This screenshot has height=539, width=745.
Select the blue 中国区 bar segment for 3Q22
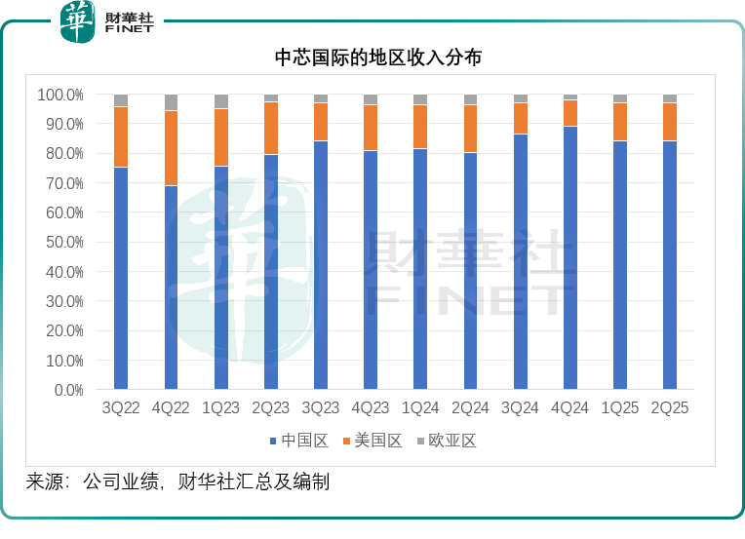121,278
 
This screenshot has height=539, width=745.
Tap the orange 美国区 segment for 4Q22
171,148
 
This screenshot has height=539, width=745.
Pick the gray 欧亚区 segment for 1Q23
221,101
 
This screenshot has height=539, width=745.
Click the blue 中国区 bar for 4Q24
570,257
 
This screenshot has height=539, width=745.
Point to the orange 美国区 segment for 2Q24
470,129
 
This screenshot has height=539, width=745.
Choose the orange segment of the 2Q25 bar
670,122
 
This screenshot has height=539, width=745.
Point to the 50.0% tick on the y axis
60,242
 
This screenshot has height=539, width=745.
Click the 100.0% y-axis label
60,95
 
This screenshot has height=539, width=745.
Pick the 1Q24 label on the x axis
420,408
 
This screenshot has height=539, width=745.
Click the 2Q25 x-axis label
670,408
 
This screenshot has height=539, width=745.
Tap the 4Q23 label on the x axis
371,408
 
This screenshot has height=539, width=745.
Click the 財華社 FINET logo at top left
107,22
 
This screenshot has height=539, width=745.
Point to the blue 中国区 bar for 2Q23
271,272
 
